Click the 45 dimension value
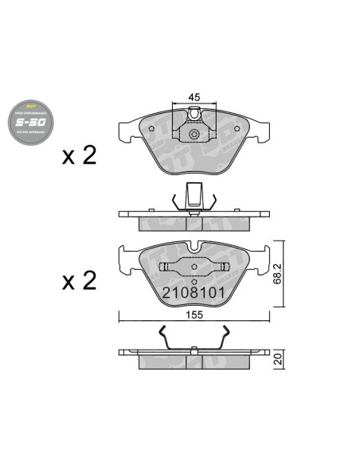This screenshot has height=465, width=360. (x=193, y=96)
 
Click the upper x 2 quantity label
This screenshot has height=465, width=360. (x=79, y=154)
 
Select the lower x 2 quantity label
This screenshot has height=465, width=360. (x=79, y=280)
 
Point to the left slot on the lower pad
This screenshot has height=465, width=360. (x=169, y=268)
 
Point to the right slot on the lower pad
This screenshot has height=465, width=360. (x=219, y=268)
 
